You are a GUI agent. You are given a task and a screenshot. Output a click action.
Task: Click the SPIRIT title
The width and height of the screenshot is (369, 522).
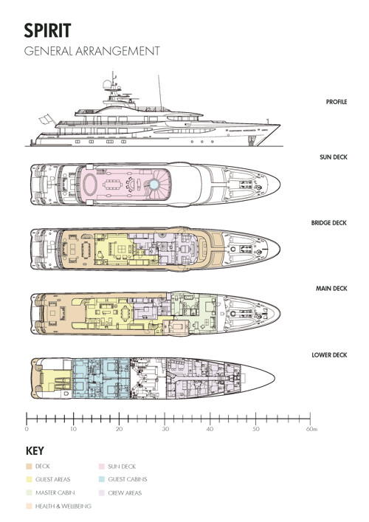(x=47, y=30)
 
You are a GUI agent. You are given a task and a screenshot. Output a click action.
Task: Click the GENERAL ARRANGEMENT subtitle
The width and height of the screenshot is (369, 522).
(x=92, y=51)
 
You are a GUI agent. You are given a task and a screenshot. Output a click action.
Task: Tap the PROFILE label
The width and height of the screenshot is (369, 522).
(x=337, y=102)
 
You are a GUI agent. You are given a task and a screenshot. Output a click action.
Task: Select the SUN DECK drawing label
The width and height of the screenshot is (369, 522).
(x=334, y=157)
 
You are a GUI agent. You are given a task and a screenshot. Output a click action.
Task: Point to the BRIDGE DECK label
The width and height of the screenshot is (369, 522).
(x=329, y=223)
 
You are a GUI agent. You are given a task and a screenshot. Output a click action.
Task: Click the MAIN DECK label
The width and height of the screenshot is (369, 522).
(x=331, y=288)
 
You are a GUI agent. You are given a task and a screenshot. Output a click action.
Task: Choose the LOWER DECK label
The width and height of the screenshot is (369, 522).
(x=329, y=355)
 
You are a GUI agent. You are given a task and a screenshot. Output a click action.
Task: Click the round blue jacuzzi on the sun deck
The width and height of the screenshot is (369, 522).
(x=154, y=184)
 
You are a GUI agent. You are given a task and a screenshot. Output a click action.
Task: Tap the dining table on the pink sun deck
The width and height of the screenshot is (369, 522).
(x=113, y=184)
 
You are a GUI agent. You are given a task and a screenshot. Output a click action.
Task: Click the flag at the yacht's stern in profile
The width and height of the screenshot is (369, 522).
(x=46, y=120)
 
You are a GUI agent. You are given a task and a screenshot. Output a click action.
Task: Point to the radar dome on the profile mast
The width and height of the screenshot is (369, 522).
(x=107, y=84)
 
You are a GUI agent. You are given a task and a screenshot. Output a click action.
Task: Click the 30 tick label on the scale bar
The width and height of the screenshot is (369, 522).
(x=165, y=429)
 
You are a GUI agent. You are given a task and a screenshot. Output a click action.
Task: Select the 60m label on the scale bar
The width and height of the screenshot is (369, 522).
(x=311, y=429)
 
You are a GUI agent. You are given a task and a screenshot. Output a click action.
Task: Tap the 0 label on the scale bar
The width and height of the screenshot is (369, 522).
(x=27, y=429)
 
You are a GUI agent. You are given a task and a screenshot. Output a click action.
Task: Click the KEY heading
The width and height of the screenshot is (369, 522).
(x=35, y=451)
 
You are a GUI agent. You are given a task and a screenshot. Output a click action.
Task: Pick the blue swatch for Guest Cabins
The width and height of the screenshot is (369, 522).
(x=102, y=480)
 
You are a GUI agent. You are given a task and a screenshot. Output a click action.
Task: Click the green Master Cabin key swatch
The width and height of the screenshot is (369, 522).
(x=29, y=492)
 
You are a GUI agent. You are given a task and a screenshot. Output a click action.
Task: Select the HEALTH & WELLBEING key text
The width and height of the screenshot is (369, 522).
(x=63, y=506)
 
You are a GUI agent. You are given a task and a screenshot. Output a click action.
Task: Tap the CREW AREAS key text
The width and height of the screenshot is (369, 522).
(x=125, y=493)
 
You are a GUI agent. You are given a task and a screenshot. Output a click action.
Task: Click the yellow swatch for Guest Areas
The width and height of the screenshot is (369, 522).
(x=29, y=480)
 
